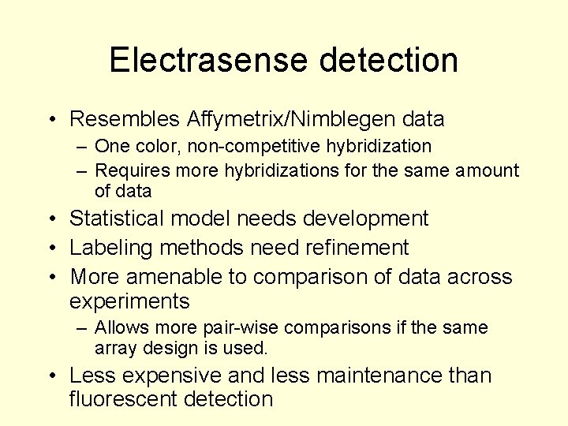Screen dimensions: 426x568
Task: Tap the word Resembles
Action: click(x=125, y=119)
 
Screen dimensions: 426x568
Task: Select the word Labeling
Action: click(x=111, y=248)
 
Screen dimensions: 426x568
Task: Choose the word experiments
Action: click(x=129, y=301)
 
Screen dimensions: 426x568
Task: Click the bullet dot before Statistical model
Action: click(x=52, y=219)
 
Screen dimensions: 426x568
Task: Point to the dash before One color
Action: click(x=82, y=146)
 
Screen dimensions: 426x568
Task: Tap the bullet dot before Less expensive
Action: click(x=52, y=376)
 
